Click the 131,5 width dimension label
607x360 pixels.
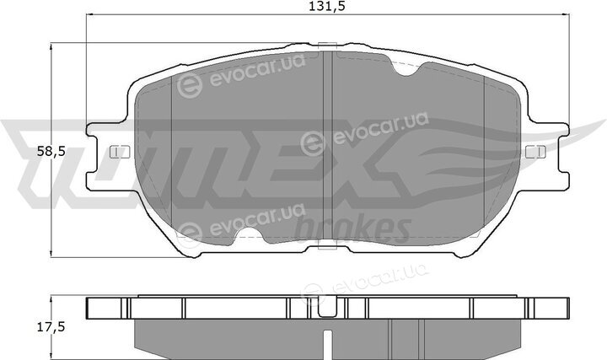[327, 6]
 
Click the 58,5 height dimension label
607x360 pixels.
[51, 152]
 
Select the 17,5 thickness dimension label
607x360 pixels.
[51, 327]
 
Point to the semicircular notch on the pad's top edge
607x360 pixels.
[406, 69]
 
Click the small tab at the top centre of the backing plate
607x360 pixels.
[327, 46]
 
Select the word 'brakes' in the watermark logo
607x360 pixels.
[352, 228]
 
